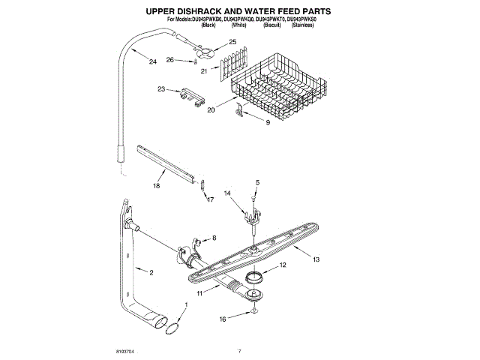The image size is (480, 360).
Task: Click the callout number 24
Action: coord(153,61)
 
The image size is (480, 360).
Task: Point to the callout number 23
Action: coord(161,89)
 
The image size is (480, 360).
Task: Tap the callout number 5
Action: coord(256,182)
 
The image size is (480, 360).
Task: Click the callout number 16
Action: coord(222,318)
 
